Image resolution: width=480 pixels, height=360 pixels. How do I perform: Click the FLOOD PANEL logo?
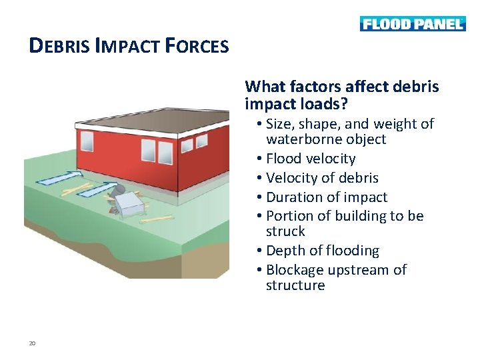click(x=412, y=24)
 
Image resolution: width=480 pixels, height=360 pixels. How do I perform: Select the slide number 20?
click(x=31, y=343)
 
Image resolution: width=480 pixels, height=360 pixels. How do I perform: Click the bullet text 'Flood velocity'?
click(x=311, y=159)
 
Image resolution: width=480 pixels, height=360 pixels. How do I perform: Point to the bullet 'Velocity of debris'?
click(x=322, y=178)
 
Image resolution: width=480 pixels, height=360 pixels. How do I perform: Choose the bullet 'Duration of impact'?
click(x=327, y=197)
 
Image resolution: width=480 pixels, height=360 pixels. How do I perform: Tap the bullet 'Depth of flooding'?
click(x=322, y=251)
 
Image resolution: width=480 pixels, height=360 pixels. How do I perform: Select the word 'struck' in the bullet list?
click(x=285, y=231)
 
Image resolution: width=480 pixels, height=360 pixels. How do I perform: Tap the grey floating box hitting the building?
click(x=129, y=203)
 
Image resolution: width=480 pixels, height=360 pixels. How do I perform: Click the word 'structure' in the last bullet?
click(x=295, y=285)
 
